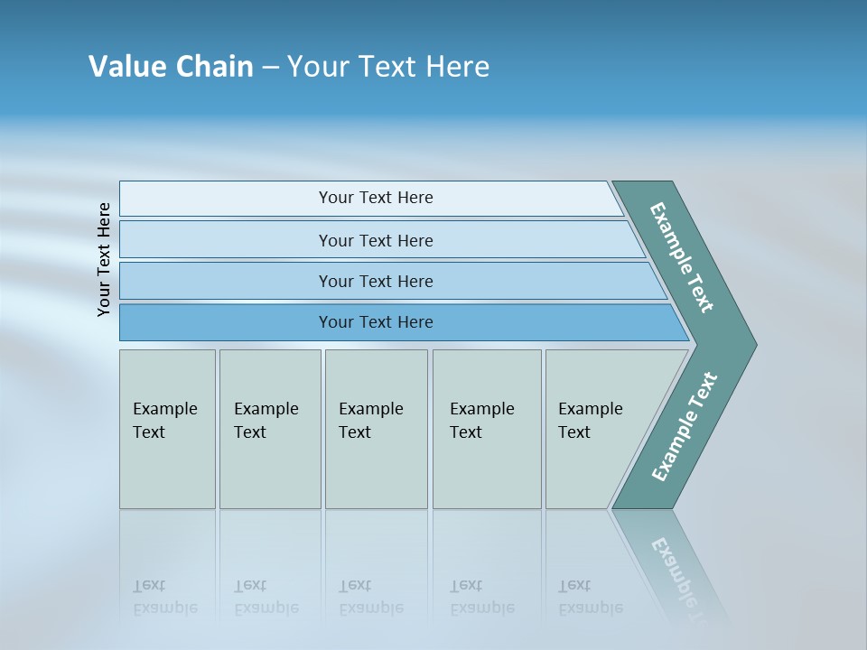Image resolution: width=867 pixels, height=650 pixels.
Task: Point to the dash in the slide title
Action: [270, 68]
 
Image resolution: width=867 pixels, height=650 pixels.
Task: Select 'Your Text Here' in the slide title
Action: [388, 67]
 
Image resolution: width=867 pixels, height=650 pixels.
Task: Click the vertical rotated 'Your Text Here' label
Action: [104, 259]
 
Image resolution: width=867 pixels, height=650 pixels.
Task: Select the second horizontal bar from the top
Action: [376, 240]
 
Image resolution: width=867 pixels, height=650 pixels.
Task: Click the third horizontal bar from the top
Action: [376, 281]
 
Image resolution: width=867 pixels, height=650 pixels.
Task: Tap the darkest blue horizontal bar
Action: [376, 322]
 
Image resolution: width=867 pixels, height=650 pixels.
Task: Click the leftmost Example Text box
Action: [167, 429]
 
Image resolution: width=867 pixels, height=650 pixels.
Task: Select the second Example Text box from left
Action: [269, 429]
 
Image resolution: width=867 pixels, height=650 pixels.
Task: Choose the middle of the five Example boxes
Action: [376, 429]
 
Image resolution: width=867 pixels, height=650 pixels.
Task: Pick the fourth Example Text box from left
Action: [486, 429]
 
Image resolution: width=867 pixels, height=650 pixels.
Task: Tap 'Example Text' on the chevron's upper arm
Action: [682, 257]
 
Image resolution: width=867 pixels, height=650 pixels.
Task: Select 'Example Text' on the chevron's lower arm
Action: [685, 427]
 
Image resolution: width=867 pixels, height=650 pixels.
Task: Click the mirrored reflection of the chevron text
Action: [676, 569]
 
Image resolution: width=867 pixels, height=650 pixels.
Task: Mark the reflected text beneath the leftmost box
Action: [164, 597]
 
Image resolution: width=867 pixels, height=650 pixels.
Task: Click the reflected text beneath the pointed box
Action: [591, 597]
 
